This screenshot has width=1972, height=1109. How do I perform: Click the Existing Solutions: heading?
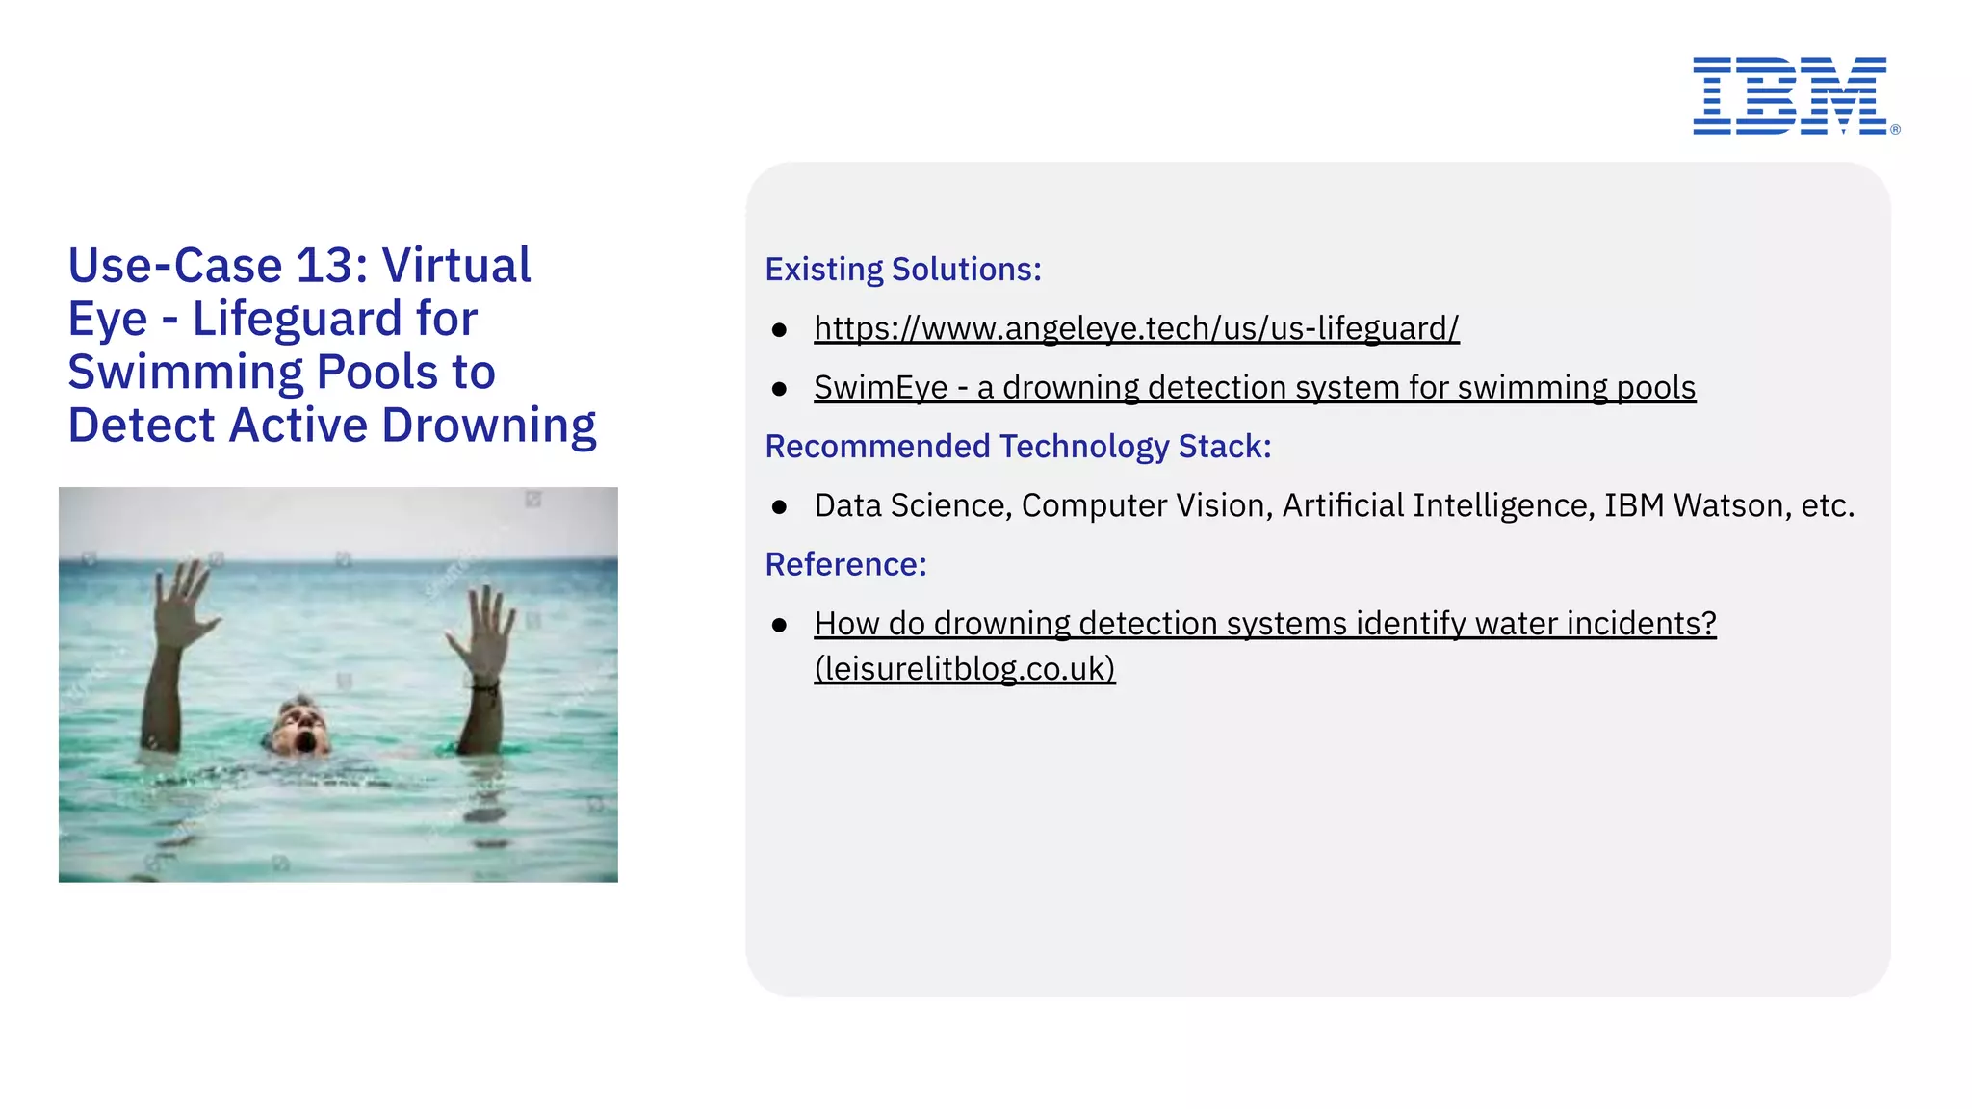tap(902, 270)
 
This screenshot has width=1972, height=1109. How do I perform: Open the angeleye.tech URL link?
tap(1135, 328)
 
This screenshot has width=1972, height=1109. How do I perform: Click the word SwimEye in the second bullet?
tap(880, 387)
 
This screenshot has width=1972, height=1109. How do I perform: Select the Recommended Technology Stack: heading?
tap(1018, 447)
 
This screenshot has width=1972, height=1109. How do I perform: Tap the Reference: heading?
tap(845, 564)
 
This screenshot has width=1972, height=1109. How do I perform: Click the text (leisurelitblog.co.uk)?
tap(964, 668)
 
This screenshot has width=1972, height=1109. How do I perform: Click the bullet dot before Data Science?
tap(779, 506)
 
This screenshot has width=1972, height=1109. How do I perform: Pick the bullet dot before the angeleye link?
tap(779, 330)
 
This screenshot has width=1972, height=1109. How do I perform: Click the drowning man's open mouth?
tap(305, 742)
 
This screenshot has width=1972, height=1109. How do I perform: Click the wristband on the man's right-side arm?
tap(484, 687)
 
